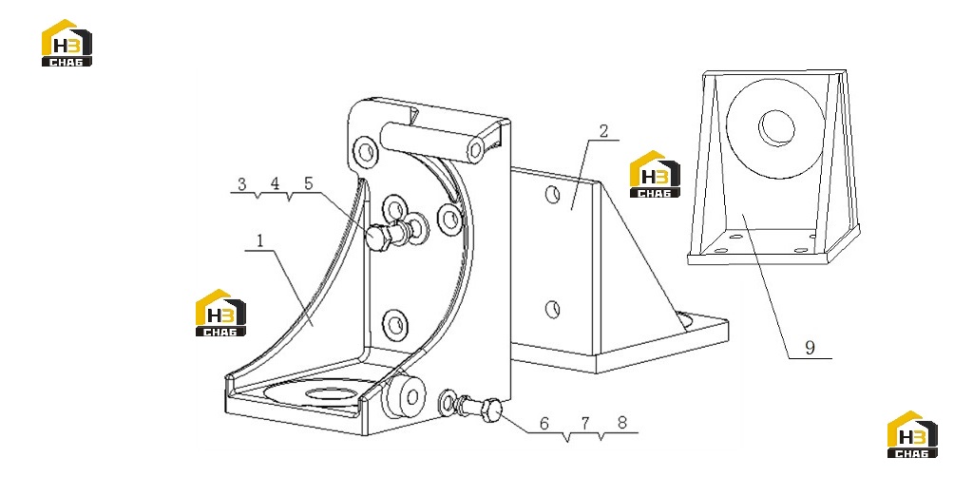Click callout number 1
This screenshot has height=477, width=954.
point(259,241)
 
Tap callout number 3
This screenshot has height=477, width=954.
point(242,183)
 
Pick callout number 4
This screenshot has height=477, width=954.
point(275,183)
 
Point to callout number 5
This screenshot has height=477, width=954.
point(308,183)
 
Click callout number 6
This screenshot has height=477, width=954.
point(544,424)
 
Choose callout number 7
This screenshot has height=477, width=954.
point(584,424)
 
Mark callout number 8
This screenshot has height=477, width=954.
point(621,424)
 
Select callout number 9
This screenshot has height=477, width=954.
point(810,348)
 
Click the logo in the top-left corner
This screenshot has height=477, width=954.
point(67,43)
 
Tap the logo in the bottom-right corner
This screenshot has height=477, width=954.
point(912,434)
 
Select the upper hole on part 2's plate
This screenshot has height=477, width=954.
point(552,195)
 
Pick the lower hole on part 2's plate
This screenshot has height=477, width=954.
point(552,310)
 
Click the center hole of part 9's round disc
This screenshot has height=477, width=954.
point(776,128)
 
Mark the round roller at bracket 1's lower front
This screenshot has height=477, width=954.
point(404,396)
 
